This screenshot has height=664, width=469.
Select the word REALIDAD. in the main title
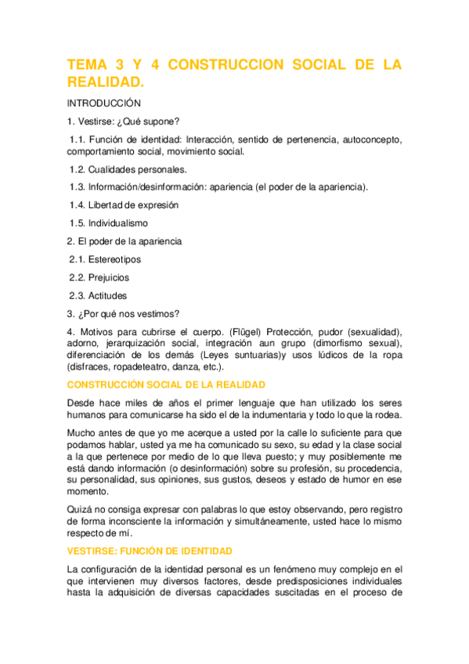(x=106, y=82)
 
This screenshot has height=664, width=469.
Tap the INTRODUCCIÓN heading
(x=103, y=103)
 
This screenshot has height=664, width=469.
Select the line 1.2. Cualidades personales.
(x=128, y=168)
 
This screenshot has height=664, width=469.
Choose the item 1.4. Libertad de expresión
(x=124, y=205)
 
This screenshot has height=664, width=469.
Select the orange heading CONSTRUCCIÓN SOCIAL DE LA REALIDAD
(x=167, y=384)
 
